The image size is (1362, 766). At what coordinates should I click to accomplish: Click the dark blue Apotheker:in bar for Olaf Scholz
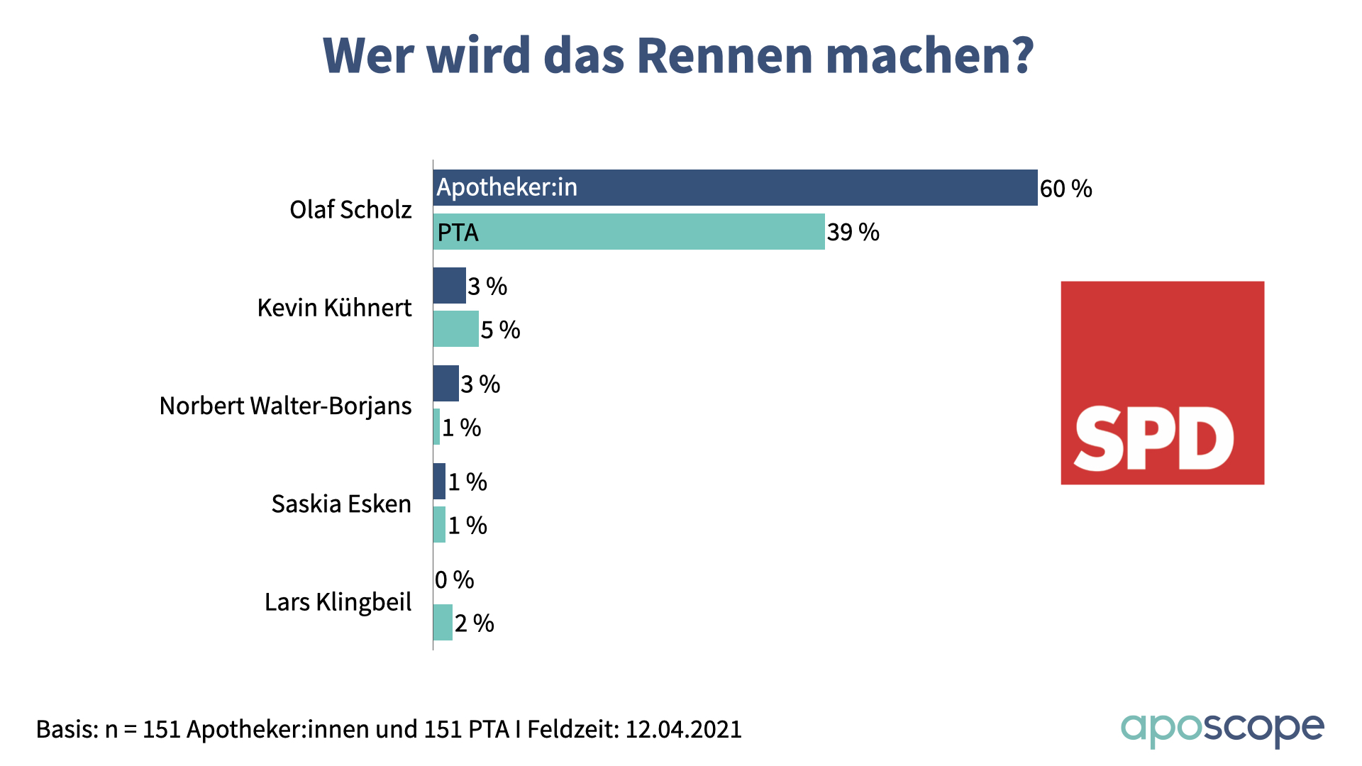pos(735,188)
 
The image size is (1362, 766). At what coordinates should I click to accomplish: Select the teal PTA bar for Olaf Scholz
pos(629,232)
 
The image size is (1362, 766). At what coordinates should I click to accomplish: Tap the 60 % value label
pos(1065,189)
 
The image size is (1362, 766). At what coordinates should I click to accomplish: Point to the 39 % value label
pos(853,233)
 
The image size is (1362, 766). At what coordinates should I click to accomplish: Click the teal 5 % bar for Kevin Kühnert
pos(455,329)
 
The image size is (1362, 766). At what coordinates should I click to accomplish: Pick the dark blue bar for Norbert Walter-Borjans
pos(445,384)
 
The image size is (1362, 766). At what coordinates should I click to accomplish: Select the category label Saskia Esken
pos(341,504)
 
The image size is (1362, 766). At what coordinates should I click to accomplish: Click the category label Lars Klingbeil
pos(338,601)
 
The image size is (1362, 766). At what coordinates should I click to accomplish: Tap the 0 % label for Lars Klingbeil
pos(454,580)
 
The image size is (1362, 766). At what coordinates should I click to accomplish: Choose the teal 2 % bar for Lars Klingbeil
pos(443,623)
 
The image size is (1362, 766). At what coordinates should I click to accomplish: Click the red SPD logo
pos(1162,383)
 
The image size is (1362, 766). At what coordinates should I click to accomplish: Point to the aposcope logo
pos(1222,729)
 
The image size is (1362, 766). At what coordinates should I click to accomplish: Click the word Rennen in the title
pos(724,55)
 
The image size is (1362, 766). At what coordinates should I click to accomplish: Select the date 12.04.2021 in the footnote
pos(683,729)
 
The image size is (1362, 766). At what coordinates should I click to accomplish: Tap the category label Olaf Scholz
pos(350,210)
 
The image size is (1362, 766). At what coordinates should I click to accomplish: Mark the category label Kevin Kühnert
pos(334,308)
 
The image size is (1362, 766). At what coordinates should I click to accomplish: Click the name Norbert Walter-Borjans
pos(285,406)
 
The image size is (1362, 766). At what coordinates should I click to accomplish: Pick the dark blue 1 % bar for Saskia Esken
pos(439,482)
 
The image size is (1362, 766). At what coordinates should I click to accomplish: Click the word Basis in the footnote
pos(65,729)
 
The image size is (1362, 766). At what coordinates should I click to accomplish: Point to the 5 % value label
pos(500,330)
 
